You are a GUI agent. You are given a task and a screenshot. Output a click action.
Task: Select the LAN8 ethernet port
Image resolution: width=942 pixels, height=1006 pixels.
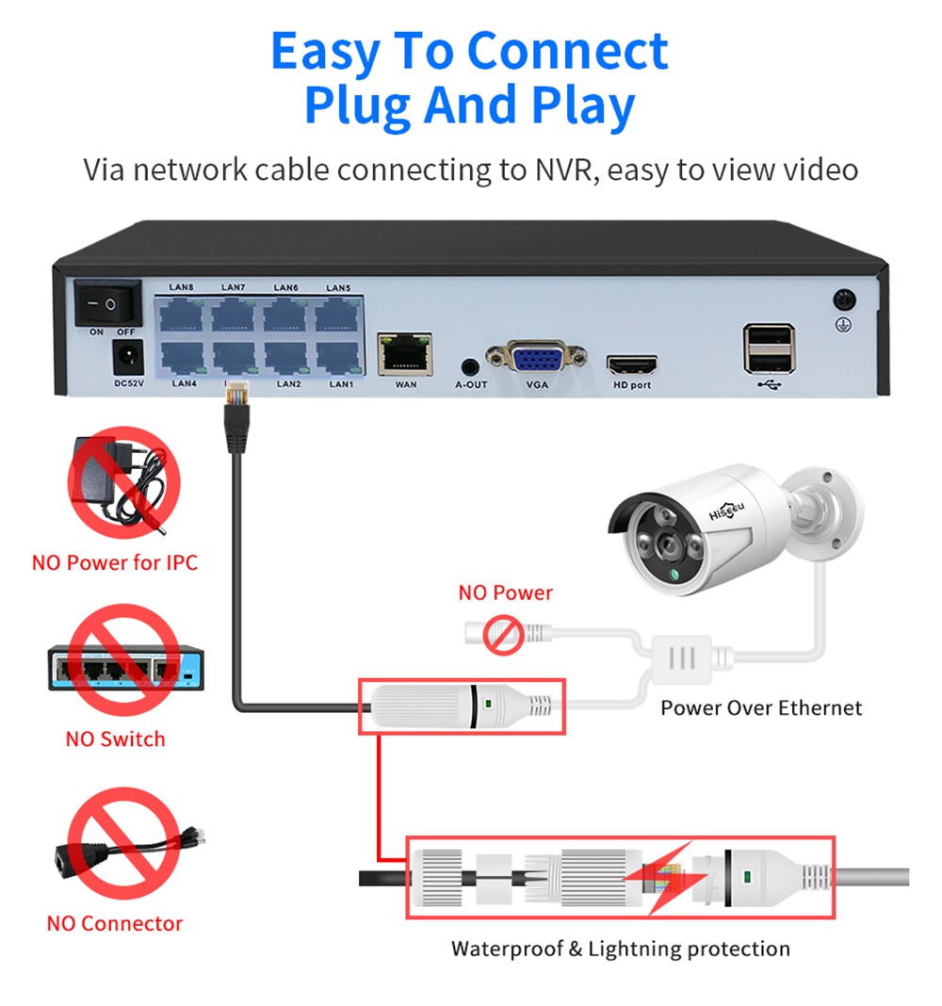[x=181, y=315]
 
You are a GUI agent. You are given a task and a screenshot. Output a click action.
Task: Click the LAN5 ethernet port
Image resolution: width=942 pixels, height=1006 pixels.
[x=337, y=315]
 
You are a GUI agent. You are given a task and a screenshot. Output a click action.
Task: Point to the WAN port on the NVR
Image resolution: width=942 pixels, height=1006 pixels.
[x=405, y=353]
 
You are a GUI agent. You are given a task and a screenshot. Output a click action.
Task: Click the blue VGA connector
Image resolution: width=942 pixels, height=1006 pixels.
[x=537, y=358]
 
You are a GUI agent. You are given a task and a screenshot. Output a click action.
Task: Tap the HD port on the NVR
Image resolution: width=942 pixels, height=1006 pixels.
[x=631, y=364]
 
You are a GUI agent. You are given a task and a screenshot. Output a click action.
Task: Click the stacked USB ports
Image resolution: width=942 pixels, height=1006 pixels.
[x=769, y=348]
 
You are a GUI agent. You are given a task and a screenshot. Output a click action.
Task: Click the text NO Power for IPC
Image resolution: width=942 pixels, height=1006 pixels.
[x=115, y=563]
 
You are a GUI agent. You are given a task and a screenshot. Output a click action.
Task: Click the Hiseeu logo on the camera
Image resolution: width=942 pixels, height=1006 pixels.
[x=726, y=510]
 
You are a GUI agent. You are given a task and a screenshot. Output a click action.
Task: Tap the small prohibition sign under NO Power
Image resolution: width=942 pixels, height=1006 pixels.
[x=503, y=634]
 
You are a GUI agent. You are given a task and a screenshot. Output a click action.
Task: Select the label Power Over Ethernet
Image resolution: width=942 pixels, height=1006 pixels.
[x=761, y=707]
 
